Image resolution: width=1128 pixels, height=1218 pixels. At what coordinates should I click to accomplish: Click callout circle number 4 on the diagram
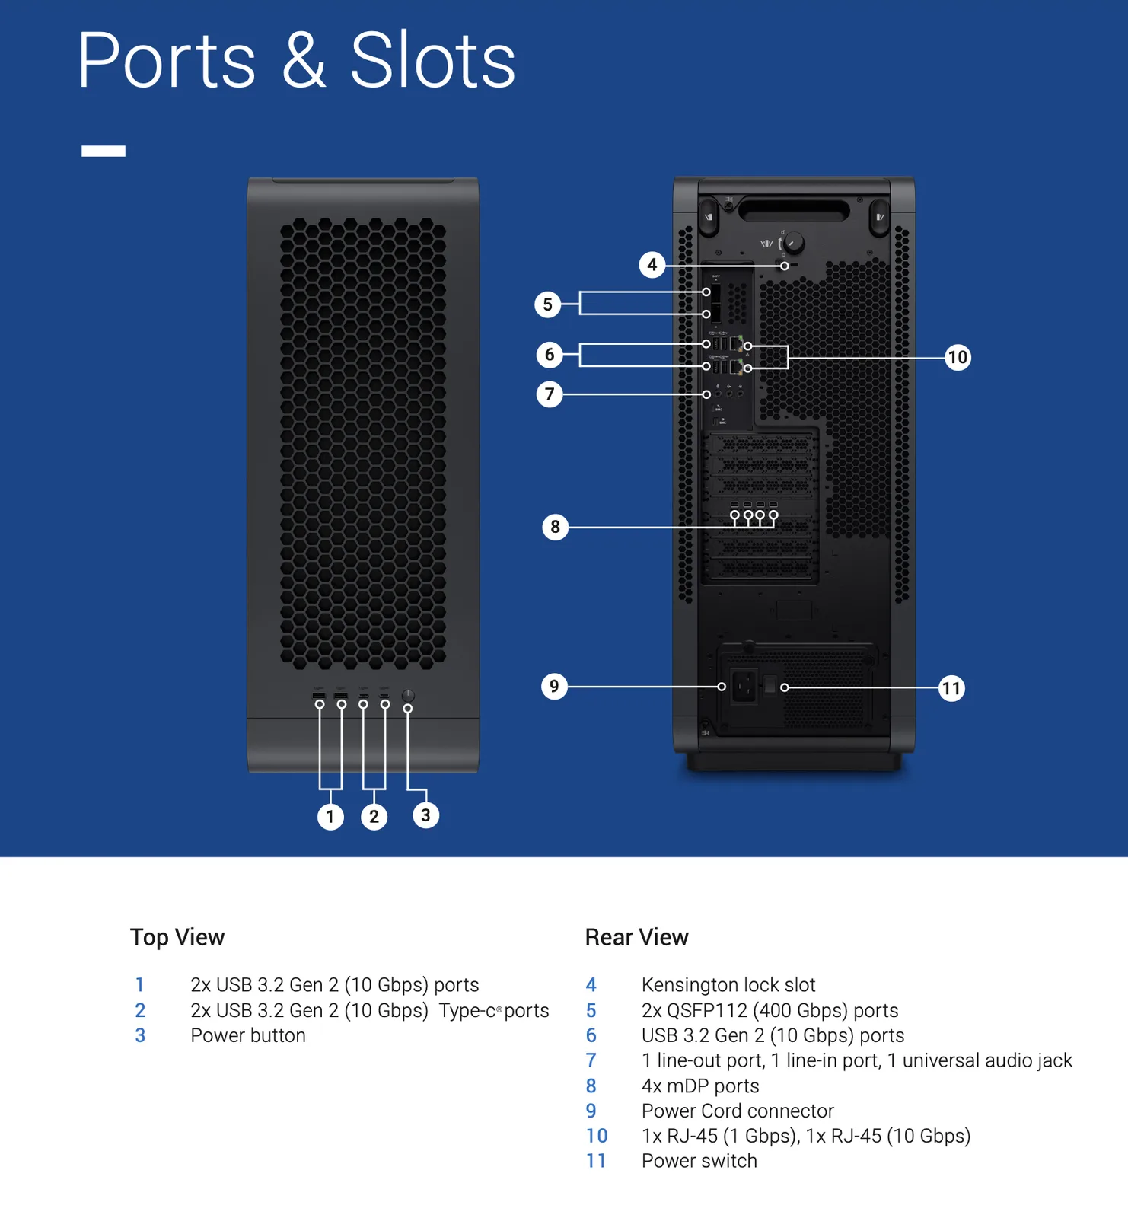(x=652, y=265)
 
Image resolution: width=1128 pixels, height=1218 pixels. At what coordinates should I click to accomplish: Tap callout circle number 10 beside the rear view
(x=958, y=357)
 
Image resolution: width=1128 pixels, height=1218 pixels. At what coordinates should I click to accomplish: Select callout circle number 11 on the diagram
(x=951, y=689)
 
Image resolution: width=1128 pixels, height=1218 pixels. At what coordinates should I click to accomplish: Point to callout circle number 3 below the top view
(x=425, y=815)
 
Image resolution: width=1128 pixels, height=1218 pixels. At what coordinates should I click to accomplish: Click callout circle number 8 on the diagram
(x=555, y=527)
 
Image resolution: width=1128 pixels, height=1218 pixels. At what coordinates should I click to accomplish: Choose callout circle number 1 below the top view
(x=330, y=817)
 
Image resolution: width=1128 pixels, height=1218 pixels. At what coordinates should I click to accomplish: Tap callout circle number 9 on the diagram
(x=554, y=687)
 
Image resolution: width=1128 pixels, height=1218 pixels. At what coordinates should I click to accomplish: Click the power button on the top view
(x=408, y=695)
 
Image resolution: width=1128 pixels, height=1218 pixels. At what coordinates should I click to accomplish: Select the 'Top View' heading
(x=177, y=937)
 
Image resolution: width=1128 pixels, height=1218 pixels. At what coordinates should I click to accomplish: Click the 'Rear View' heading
(x=636, y=937)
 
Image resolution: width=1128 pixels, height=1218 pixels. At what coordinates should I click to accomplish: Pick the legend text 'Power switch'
(x=699, y=1161)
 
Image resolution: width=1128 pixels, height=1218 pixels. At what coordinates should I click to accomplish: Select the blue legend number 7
(x=591, y=1060)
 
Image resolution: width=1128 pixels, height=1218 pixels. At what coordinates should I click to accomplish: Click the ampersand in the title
(x=304, y=61)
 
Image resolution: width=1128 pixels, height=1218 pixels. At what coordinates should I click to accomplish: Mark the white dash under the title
(x=104, y=151)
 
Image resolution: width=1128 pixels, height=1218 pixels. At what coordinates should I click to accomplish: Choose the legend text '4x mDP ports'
(x=699, y=1086)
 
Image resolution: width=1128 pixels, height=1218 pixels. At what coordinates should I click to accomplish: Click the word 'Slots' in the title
(x=432, y=61)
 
